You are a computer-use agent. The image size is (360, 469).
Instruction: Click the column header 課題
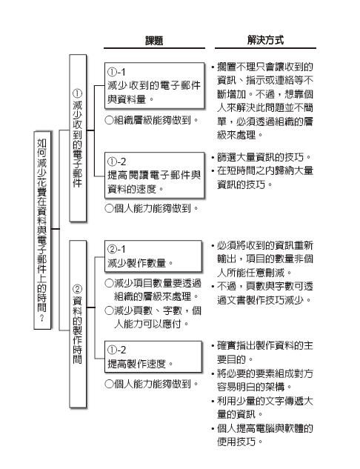154,40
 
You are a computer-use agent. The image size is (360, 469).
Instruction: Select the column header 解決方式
265,40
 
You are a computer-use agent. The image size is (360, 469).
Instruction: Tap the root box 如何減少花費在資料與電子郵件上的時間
42,230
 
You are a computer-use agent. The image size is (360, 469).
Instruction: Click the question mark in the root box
42,318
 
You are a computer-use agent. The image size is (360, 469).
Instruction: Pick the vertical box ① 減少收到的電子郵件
78,138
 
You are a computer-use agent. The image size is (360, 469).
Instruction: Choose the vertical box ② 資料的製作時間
78,324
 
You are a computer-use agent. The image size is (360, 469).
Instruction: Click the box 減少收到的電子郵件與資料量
154,85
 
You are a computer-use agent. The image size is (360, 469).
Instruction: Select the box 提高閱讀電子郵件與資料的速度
154,175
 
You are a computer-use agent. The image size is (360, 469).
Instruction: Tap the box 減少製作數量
153,256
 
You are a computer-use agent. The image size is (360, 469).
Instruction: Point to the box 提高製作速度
153,356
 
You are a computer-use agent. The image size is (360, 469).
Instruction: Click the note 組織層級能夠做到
152,120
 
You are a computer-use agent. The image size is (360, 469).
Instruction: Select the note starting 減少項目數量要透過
153,290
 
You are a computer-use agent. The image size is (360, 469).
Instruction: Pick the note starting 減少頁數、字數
153,317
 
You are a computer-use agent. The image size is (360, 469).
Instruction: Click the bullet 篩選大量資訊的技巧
261,157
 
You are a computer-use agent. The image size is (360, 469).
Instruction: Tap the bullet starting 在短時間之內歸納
262,178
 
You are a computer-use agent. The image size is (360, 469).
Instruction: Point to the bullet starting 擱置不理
262,101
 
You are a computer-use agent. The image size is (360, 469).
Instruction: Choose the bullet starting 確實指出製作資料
262,353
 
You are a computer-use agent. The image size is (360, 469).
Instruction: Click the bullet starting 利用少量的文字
262,408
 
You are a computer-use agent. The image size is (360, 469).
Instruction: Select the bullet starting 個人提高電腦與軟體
262,435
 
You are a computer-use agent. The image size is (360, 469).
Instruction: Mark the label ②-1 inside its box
116,249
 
